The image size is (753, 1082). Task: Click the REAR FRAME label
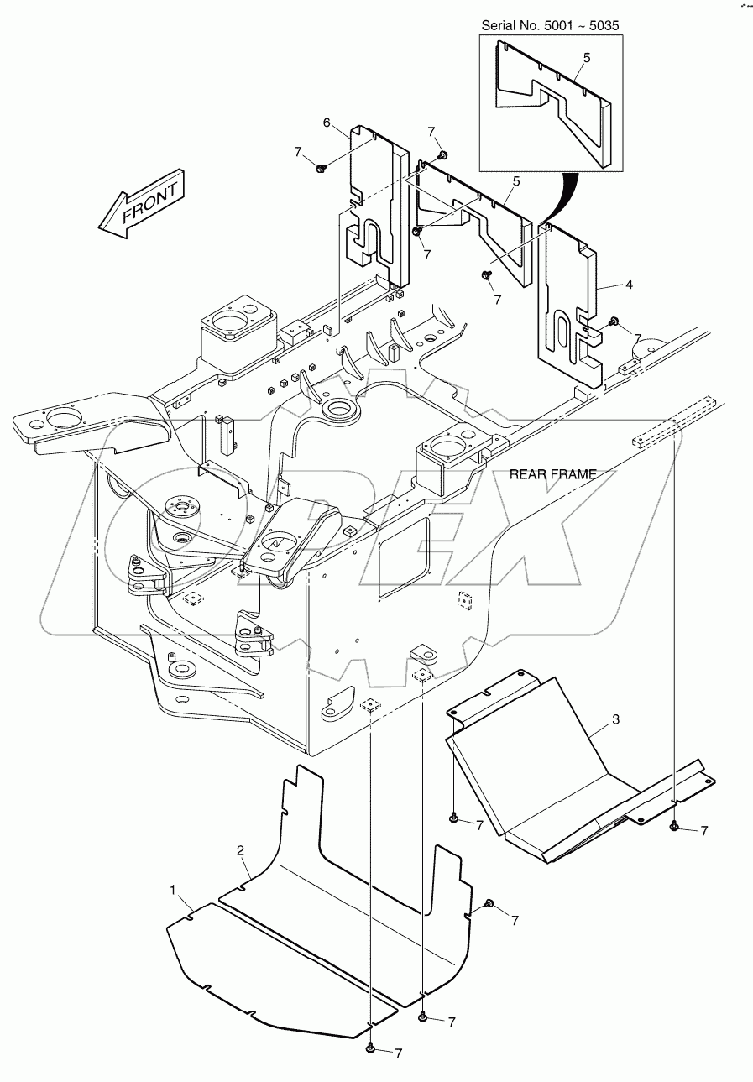click(553, 474)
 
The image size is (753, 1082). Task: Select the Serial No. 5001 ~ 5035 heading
click(550, 26)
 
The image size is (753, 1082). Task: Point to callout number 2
click(240, 851)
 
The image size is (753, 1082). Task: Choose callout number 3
click(615, 719)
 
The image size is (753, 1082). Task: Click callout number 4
click(629, 285)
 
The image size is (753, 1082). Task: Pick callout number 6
click(327, 123)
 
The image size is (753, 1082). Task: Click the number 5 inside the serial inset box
click(586, 58)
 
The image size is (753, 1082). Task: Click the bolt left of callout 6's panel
click(321, 170)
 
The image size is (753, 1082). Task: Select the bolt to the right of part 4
click(614, 321)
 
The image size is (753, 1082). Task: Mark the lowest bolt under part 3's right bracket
click(674, 827)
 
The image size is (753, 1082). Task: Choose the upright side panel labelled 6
click(378, 210)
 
